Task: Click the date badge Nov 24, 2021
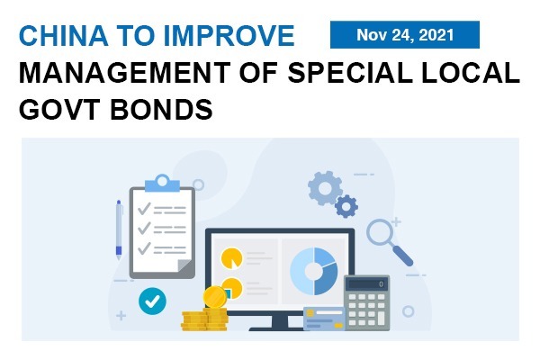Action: tap(405, 34)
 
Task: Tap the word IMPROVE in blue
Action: tap(229, 35)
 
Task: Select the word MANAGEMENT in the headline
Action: tap(125, 73)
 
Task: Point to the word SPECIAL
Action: tap(350, 73)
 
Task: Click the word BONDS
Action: tap(161, 109)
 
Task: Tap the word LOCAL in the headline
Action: tap(471, 73)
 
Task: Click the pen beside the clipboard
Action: tap(119, 229)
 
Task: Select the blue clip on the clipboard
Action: tap(162, 184)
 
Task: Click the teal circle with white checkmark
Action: tap(152, 301)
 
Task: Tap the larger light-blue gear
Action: tap(325, 188)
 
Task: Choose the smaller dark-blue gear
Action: tap(346, 206)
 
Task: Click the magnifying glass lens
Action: tap(380, 232)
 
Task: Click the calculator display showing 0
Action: tap(367, 284)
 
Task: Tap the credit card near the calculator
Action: tap(324, 319)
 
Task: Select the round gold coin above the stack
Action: tap(214, 297)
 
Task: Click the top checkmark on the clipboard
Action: tap(144, 209)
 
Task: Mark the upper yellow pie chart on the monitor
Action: tap(231, 258)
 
